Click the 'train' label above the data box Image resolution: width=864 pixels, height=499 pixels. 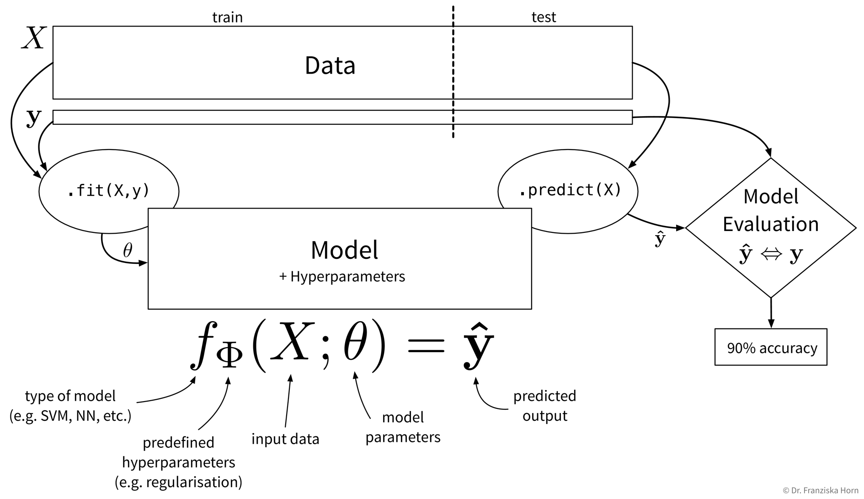coord(227,17)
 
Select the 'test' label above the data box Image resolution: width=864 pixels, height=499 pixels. coord(544,17)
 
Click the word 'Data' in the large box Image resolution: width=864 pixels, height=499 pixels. coord(330,65)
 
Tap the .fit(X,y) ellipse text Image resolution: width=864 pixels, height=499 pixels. coord(109,190)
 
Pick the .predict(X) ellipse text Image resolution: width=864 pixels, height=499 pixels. coord(570,190)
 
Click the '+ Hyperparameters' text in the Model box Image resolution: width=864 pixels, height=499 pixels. coord(342,277)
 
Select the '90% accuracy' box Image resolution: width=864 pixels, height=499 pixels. coord(771,348)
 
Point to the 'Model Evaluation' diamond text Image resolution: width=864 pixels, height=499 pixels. coord(771,210)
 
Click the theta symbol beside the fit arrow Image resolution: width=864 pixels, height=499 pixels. coord(128,250)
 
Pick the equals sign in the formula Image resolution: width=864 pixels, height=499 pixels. coord(426,344)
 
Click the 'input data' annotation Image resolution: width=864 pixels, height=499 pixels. coord(285,439)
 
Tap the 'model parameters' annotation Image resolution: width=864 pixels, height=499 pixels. coord(403,427)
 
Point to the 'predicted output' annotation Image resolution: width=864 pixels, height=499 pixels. coord(544,406)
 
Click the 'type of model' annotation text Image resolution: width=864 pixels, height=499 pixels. coord(70,396)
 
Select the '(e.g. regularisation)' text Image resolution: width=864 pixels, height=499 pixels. coord(178,483)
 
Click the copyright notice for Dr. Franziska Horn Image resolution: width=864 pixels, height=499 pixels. coord(821,490)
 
